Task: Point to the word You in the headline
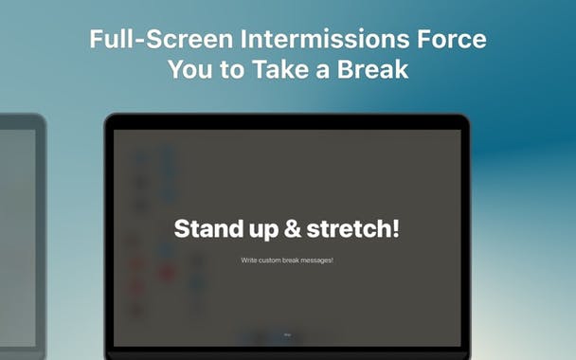coord(189,69)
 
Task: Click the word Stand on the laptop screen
coord(208,228)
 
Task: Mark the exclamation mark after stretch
coord(396,228)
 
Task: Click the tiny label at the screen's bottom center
coord(287,334)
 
